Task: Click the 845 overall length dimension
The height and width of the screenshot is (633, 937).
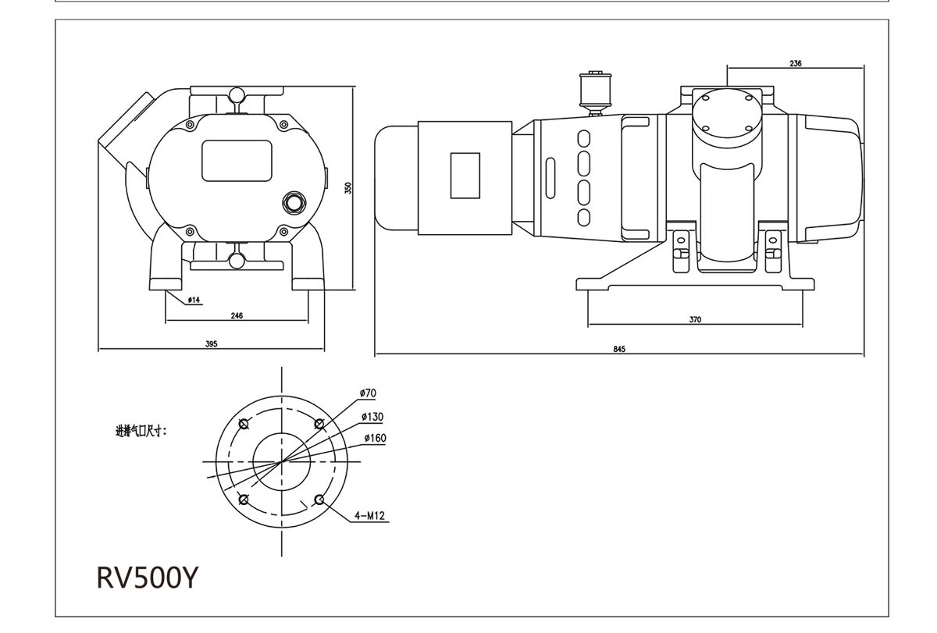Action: click(619, 349)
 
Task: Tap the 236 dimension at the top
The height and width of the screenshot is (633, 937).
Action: click(795, 63)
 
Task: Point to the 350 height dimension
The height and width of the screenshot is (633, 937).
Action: click(349, 188)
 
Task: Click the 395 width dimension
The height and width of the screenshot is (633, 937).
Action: click(211, 343)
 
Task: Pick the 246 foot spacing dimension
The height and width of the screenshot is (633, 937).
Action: click(237, 315)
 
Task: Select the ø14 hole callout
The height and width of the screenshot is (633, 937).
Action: click(194, 300)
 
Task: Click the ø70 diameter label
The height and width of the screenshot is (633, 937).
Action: click(368, 392)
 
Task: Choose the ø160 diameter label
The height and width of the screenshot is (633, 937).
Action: click(375, 438)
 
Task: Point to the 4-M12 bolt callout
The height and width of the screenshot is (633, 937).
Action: click(371, 516)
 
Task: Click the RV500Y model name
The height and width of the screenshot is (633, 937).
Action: click(148, 578)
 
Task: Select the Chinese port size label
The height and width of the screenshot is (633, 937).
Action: click(141, 430)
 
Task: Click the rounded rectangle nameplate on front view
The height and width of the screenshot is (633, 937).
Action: click(237, 160)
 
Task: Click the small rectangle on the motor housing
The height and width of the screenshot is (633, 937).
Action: click(465, 176)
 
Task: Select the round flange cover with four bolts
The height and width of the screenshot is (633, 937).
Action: click(727, 113)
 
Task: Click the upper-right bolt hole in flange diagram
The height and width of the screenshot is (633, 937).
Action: click(319, 424)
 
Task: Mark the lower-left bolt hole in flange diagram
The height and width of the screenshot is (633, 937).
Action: click(244, 500)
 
